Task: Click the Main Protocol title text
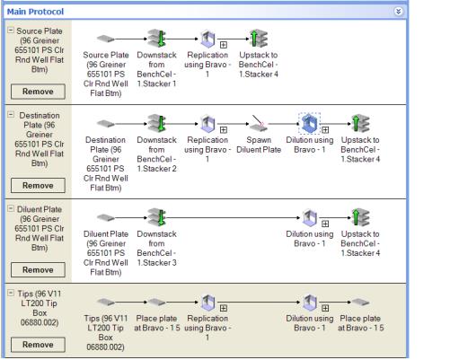[x=35, y=12]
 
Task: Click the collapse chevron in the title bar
[x=398, y=12]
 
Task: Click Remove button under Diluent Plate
[x=38, y=269]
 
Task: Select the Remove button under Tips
[x=38, y=345]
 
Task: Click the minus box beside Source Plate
[x=11, y=31]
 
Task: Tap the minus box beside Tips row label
[x=11, y=293]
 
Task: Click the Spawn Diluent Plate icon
[x=259, y=123]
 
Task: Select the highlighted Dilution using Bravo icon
[x=310, y=123]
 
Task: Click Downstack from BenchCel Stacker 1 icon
[x=157, y=39]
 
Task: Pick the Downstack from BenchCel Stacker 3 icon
[x=157, y=217]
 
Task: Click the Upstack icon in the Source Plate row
[x=259, y=39]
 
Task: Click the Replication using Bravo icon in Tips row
[x=207, y=302]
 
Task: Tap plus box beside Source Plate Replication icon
[x=224, y=45]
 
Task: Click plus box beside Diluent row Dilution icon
[x=325, y=224]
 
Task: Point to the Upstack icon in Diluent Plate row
[x=360, y=217]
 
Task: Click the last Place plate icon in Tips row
[x=360, y=302]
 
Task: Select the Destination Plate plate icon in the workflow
[x=106, y=123]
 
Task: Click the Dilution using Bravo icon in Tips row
[x=310, y=302]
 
